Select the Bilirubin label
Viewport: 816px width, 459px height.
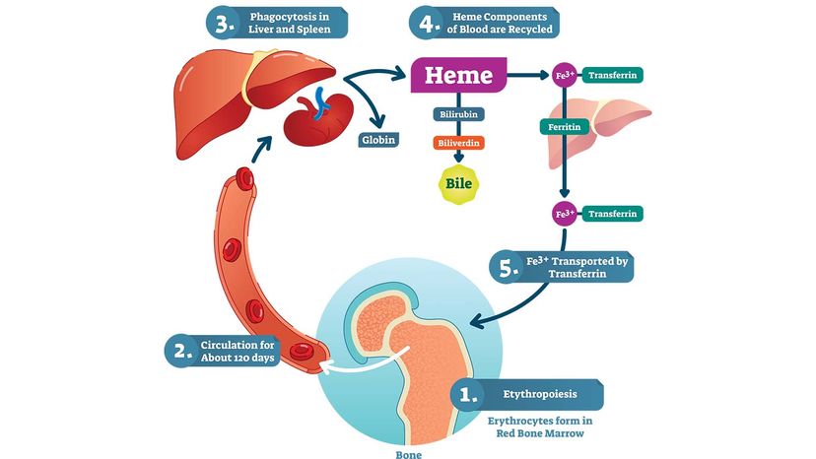458,115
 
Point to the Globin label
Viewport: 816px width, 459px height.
377,140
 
